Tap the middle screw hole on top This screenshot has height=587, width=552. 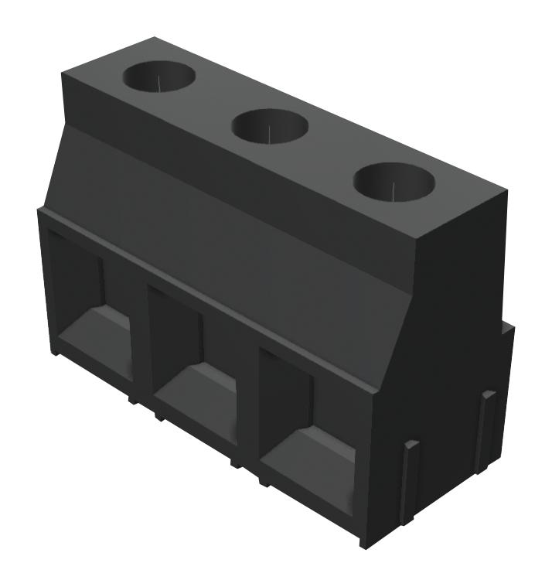270,125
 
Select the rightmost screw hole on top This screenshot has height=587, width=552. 394,181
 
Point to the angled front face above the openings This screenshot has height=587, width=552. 232,232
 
